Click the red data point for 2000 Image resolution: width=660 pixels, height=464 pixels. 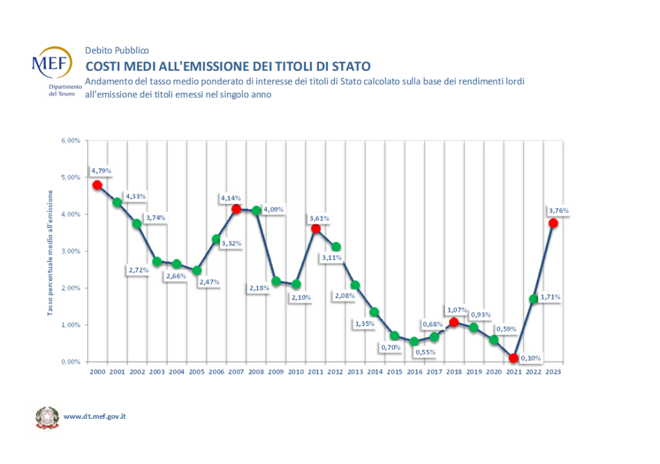[x=97, y=185]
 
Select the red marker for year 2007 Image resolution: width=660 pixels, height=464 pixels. [x=236, y=209]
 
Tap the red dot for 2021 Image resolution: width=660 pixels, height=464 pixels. [x=513, y=358]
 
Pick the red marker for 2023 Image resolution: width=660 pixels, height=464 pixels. [x=553, y=223]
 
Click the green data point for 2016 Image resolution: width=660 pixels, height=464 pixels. [x=414, y=341]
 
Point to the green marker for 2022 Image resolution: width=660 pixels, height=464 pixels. [x=533, y=299]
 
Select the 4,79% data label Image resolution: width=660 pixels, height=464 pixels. [x=101, y=171]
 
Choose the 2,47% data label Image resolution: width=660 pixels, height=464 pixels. [x=209, y=282]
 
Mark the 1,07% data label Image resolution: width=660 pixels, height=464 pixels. [x=457, y=309]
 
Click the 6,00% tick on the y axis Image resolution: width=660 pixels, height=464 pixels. [x=70, y=141]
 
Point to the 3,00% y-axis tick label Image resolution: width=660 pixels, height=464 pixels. [x=70, y=251]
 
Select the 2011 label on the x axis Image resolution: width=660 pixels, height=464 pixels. [x=315, y=372]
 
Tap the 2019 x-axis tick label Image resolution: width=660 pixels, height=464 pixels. [x=474, y=372]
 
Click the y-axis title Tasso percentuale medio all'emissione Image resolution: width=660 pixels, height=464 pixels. [x=50, y=251]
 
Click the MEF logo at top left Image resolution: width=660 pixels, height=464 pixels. [x=52, y=64]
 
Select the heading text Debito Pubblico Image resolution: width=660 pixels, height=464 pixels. [x=117, y=50]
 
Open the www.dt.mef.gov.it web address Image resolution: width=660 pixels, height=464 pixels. [x=94, y=416]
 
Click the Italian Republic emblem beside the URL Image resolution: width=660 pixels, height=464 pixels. [x=46, y=417]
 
